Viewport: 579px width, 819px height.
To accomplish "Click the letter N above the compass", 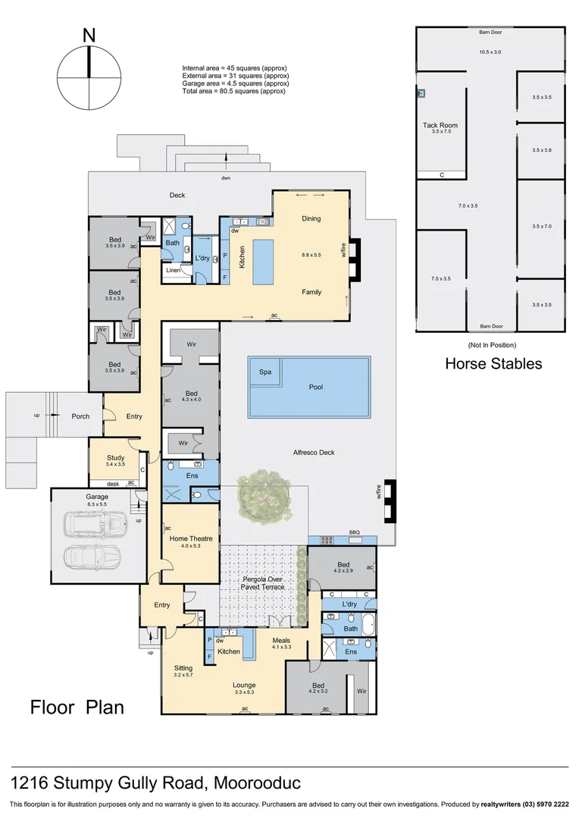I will click(x=89, y=35).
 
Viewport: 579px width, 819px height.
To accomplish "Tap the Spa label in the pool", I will click(x=265, y=372).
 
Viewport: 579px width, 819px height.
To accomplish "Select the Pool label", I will click(x=315, y=387).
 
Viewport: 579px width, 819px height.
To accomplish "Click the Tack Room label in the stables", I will click(x=440, y=125).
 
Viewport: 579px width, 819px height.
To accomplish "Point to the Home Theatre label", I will click(x=190, y=538).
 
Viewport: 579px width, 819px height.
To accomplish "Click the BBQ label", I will click(x=354, y=532).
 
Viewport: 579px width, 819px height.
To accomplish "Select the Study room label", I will click(x=115, y=457).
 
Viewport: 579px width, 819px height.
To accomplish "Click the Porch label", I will click(x=80, y=416).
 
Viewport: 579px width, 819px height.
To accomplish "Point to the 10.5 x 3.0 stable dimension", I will click(x=490, y=52).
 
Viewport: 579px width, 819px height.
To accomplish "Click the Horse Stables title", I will click(x=493, y=363).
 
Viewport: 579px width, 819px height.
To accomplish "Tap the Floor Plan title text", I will click(x=77, y=708).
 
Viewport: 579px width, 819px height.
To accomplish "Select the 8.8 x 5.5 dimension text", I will click(x=311, y=256).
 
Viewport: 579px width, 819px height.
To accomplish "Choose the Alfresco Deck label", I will click(x=313, y=453).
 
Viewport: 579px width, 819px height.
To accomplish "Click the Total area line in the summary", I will click(x=233, y=91).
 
